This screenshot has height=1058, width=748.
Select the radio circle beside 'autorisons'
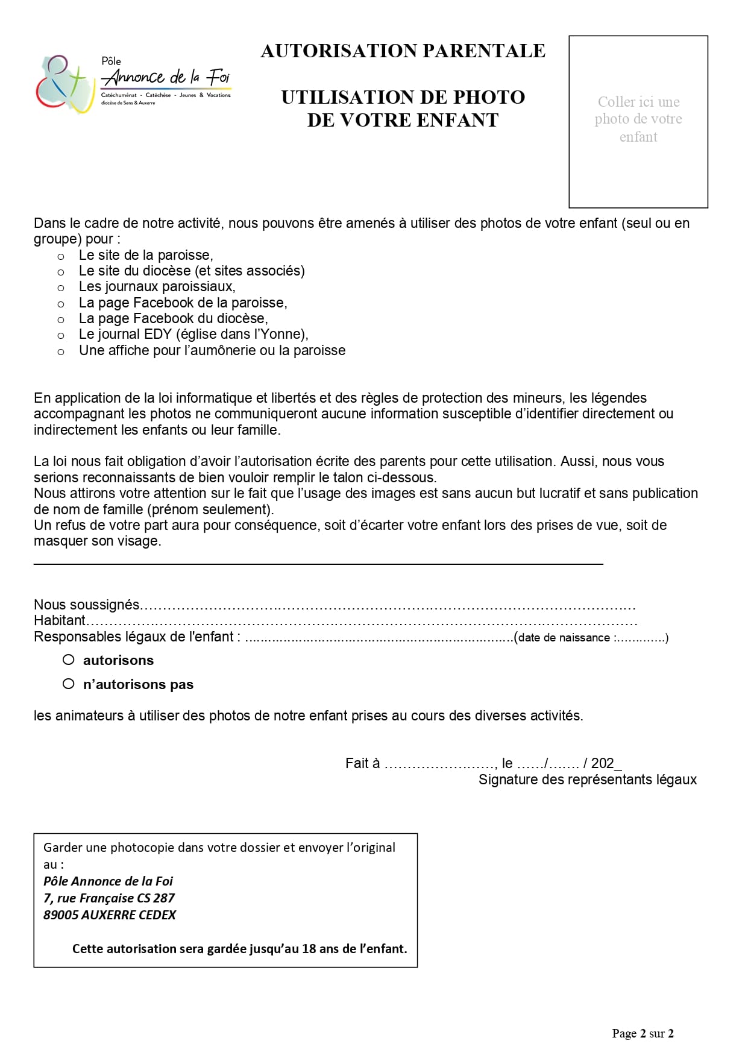pyautogui.click(x=69, y=660)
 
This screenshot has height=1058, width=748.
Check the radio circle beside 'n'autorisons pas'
pyautogui.click(x=69, y=684)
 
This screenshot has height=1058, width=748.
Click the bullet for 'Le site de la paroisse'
pyautogui.click(x=61, y=257)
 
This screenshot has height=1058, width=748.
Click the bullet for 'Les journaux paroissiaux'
pyautogui.click(x=61, y=288)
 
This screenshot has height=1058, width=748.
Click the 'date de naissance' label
pyautogui.click(x=564, y=638)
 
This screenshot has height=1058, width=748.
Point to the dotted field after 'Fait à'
pyautogui.click(x=440, y=764)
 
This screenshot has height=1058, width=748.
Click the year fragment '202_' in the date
pyautogui.click(x=606, y=764)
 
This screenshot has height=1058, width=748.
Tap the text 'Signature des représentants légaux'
pyautogui.click(x=587, y=780)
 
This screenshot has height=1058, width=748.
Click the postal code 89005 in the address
pyautogui.click(x=61, y=915)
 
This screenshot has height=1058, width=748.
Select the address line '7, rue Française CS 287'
pyautogui.click(x=109, y=898)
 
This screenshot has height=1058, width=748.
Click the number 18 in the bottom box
pyautogui.click(x=309, y=949)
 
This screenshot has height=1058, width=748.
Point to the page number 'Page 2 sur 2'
pyautogui.click(x=643, y=1033)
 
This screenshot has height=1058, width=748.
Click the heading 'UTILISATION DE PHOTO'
pyautogui.click(x=403, y=98)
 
